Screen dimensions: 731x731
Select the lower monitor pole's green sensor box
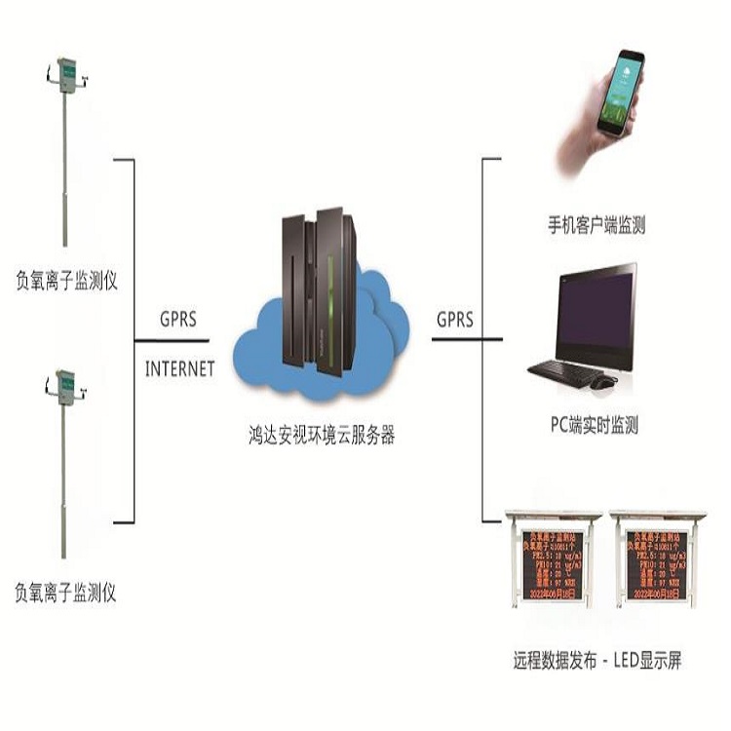(x=66, y=385)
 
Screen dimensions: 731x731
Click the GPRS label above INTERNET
(x=179, y=319)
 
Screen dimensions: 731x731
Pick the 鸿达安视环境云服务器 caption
(x=322, y=436)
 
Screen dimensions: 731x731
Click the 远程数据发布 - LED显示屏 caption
(x=596, y=661)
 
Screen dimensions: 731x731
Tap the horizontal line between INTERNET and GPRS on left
(x=172, y=341)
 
